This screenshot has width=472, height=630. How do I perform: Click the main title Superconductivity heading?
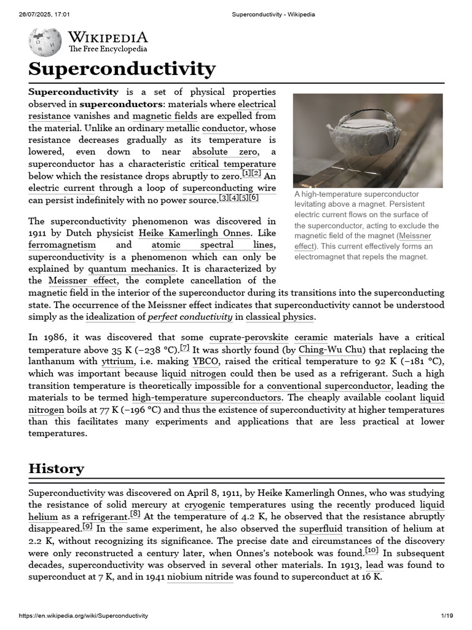click(122, 68)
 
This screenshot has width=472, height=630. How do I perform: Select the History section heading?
click(57, 468)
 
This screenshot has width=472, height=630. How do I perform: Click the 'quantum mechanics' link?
click(132, 268)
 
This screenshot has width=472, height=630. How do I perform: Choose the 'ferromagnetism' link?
click(62, 244)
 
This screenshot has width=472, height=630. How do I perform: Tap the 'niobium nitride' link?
click(200, 577)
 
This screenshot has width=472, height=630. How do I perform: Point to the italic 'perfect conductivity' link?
click(190, 317)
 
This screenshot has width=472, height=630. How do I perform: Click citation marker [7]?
click(184, 348)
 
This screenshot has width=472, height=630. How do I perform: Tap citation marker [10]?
click(371, 551)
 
